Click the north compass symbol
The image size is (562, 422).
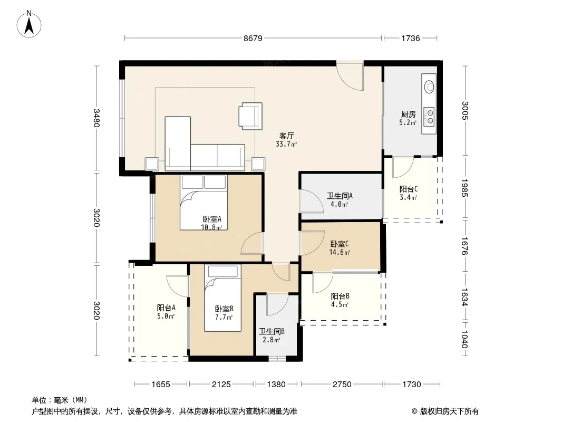[x=29, y=24]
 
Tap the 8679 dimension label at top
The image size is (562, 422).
[x=253, y=38]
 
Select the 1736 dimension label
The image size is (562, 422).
[x=410, y=38]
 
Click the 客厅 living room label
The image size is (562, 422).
[x=286, y=136]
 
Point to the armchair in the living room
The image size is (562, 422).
[x=250, y=116]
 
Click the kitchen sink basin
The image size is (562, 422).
[x=429, y=87]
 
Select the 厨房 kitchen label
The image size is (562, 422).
[x=408, y=114]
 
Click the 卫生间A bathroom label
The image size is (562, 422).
[x=340, y=196]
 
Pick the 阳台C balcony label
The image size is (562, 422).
[x=409, y=189]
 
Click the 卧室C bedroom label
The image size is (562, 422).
[x=340, y=244]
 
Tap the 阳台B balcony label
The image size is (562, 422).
[x=340, y=296]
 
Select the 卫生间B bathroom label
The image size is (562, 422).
[x=272, y=331]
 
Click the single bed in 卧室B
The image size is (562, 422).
[x=222, y=298]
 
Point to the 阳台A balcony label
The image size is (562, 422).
[x=166, y=308]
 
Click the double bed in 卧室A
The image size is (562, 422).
[x=204, y=202]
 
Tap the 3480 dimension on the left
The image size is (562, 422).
[x=96, y=118]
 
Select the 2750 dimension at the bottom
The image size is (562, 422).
[x=342, y=385]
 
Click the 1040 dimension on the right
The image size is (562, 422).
[x=464, y=339]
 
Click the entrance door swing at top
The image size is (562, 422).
[x=350, y=76]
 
